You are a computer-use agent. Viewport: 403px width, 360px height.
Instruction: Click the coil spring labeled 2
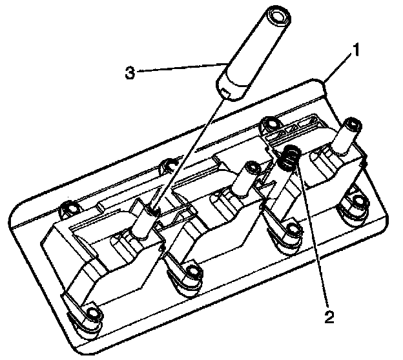click(x=291, y=156)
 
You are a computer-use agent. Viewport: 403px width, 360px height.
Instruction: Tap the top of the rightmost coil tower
click(x=353, y=123)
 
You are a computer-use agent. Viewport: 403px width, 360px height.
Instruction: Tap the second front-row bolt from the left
click(x=191, y=273)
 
